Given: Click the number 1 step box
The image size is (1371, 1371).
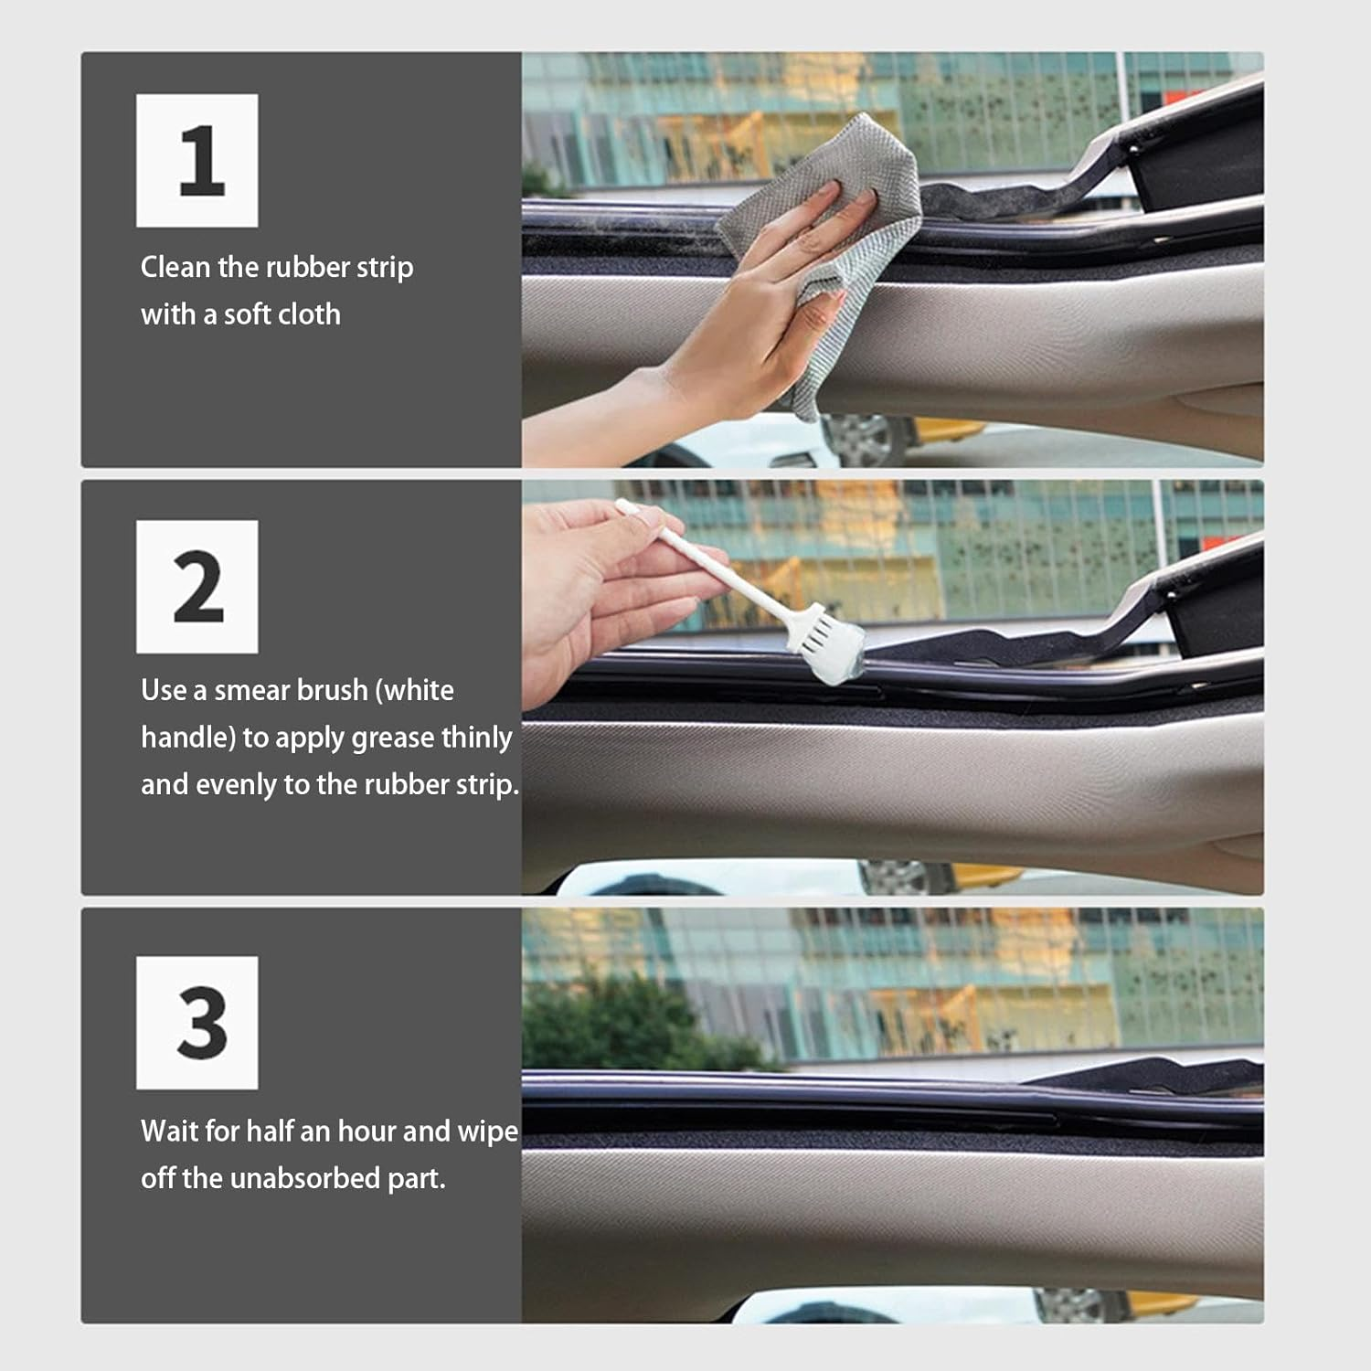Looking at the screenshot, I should tap(197, 160).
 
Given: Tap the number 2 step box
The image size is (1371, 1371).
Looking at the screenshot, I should tap(197, 587).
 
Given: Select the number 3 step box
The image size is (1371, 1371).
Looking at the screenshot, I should tap(197, 1023).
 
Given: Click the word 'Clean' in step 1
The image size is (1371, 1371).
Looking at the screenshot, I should tap(175, 267).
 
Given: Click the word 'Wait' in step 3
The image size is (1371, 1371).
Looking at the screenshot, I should tap(169, 1132).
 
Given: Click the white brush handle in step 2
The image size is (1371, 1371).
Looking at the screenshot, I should tap(722, 576).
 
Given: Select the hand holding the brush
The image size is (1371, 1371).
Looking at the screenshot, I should tap(594, 585).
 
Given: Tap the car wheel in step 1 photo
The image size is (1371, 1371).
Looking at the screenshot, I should tap(864, 439).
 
